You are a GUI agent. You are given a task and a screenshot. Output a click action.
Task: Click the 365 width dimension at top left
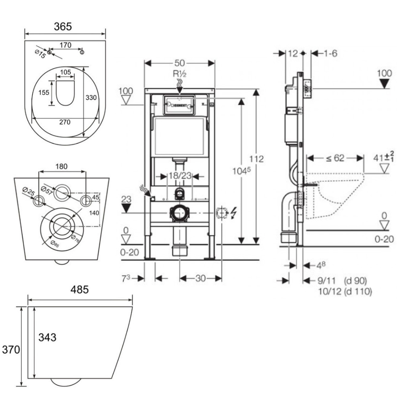(x=63, y=27)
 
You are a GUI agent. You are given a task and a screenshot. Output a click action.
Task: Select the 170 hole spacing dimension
(x=66, y=45)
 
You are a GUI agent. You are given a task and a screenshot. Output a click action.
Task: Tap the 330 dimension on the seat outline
(x=91, y=98)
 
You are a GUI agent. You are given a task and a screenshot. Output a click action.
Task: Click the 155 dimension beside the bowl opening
(x=44, y=92)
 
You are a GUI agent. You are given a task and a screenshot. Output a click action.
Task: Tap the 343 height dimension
(x=47, y=337)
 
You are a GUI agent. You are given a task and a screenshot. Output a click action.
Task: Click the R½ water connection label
(x=179, y=74)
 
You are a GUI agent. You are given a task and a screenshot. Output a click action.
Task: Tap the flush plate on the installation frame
(x=179, y=105)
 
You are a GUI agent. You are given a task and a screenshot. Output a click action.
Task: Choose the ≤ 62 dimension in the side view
(x=335, y=158)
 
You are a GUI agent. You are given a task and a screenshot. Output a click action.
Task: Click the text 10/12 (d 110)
(x=345, y=291)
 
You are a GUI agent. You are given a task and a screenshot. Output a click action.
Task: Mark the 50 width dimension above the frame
(x=180, y=63)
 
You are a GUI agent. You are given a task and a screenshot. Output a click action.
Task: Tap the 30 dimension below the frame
(x=200, y=278)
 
